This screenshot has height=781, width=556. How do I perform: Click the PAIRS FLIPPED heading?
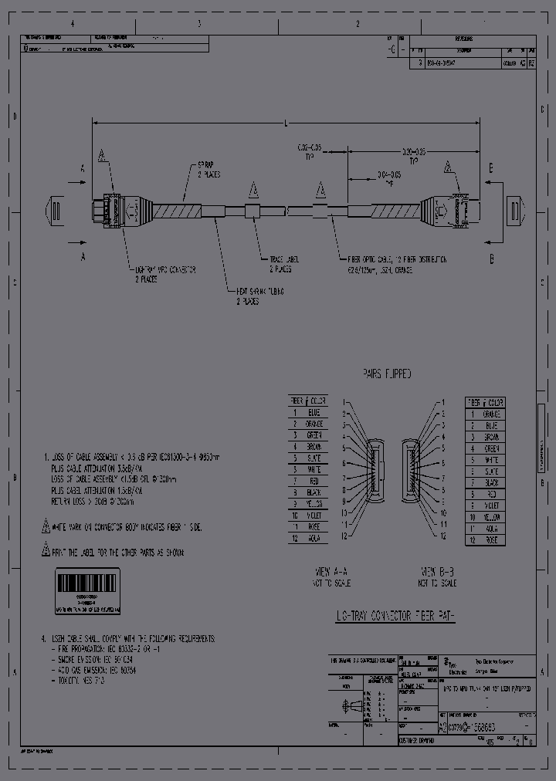[387, 374]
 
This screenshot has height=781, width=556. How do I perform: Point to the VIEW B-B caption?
[437, 572]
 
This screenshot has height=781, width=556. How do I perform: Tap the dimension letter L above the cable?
[287, 123]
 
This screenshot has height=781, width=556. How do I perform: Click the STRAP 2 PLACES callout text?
[208, 171]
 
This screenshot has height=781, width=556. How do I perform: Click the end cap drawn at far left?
[54, 209]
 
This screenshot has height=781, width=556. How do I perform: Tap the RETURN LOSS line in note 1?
[93, 502]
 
